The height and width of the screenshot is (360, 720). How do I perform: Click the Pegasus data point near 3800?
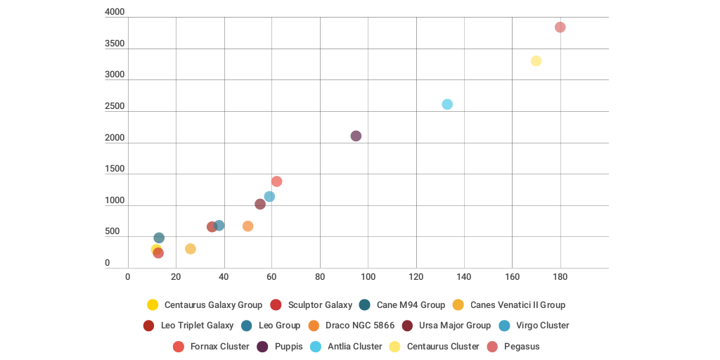[x=560, y=27]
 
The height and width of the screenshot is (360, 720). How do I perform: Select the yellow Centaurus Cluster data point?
[x=536, y=61]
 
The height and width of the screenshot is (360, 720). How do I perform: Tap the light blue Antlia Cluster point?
[x=447, y=104]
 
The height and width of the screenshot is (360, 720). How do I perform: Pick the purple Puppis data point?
[x=356, y=136]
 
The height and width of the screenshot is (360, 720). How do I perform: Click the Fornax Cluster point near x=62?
[x=276, y=181]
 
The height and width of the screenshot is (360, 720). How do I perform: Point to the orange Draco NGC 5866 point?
[x=247, y=226]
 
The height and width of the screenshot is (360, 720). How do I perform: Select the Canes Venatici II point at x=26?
[x=190, y=249]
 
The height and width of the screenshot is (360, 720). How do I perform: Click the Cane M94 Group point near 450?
[x=159, y=238]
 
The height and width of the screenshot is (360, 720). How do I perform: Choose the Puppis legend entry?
[x=289, y=347]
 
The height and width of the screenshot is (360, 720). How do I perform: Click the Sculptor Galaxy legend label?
[x=320, y=305]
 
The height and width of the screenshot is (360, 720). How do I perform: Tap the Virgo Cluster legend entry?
[x=542, y=326]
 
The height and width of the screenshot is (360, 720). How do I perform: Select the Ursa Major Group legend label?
[x=454, y=326]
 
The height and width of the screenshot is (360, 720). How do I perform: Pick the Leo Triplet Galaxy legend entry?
[x=197, y=326]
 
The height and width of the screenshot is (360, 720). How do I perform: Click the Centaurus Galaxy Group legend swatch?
[x=153, y=305]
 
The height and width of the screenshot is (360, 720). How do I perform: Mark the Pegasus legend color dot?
[x=492, y=347]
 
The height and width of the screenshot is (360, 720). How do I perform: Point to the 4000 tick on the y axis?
[x=115, y=12]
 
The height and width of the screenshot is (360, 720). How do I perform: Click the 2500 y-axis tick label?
[x=115, y=106]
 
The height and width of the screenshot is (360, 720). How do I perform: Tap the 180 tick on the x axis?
[x=560, y=277]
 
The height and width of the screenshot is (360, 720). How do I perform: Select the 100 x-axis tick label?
[x=368, y=277]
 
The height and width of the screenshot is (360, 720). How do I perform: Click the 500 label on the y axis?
[x=112, y=231]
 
